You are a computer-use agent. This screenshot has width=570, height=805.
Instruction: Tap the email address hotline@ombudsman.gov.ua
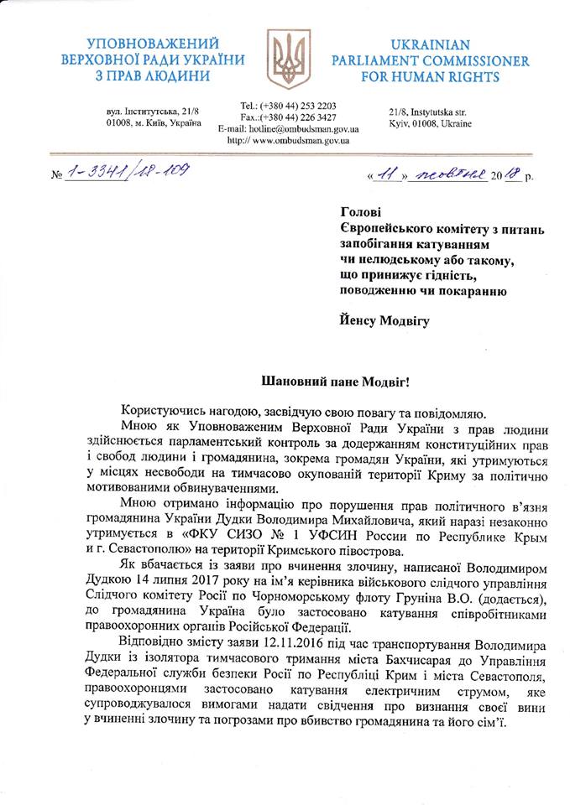307,129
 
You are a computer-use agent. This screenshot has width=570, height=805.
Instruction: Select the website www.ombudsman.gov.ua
301,141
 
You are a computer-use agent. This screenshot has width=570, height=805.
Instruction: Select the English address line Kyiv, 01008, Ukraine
430,123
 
